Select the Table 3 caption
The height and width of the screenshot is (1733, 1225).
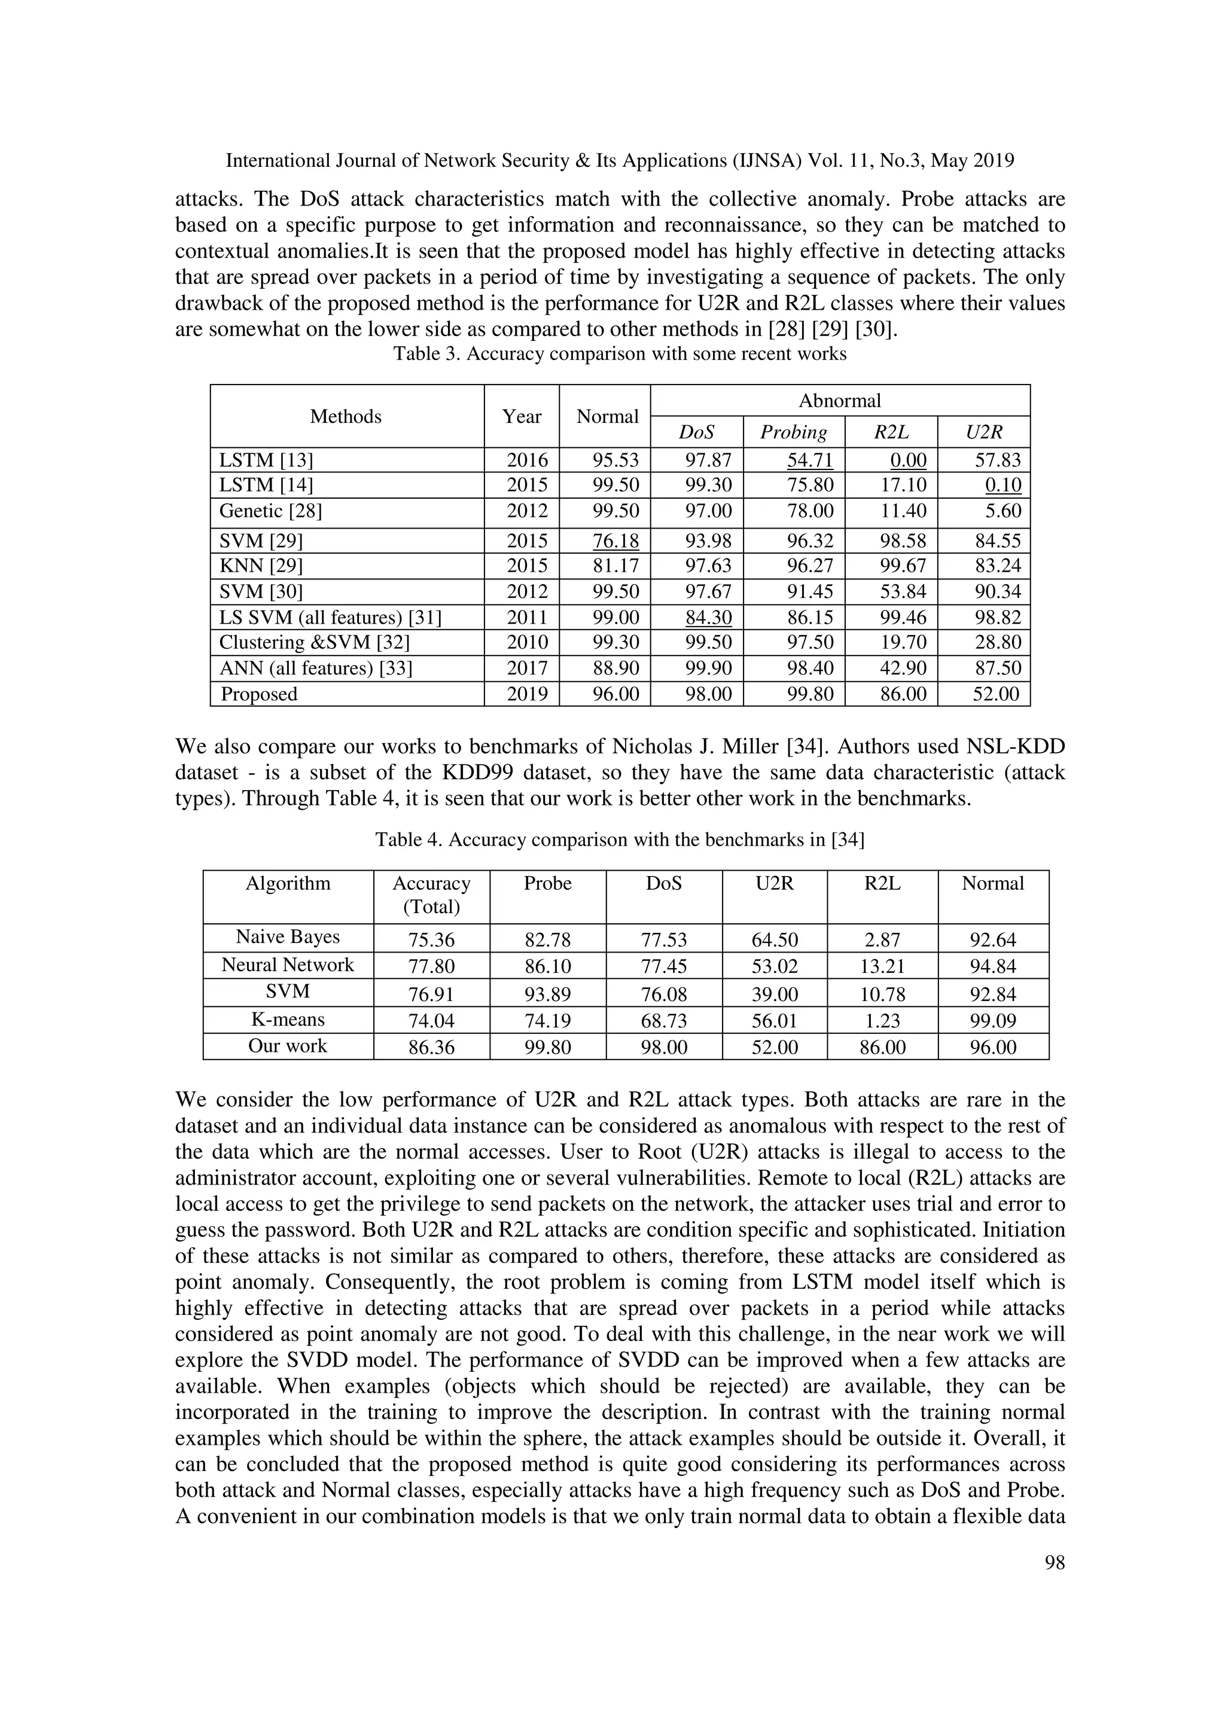(620, 354)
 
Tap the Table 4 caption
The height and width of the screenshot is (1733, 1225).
(620, 840)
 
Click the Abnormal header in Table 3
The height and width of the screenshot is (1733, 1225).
(839, 401)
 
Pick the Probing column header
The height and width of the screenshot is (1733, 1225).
(793, 432)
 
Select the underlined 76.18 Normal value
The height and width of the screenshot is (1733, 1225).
(615, 541)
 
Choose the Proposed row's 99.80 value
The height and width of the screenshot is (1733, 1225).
(810, 694)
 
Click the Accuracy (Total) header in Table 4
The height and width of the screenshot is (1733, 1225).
(431, 895)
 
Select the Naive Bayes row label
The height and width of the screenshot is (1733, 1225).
(288, 938)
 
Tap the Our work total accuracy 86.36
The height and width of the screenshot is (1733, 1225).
(431, 1048)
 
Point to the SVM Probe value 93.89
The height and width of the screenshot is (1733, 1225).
(547, 993)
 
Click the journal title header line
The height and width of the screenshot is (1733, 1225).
(620, 161)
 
